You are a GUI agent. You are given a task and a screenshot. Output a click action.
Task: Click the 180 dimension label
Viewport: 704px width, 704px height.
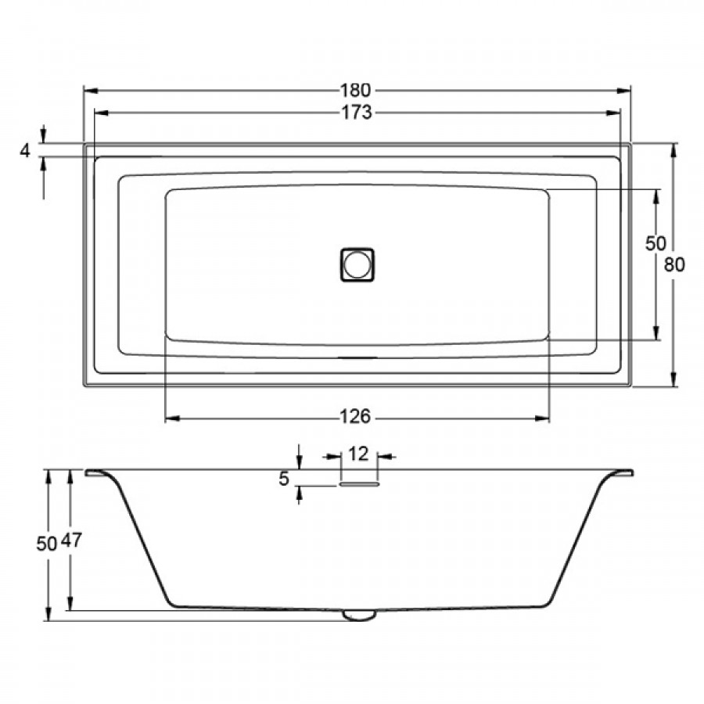coord(356,91)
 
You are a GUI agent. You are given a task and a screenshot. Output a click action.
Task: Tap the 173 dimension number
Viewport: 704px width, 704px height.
coord(357,112)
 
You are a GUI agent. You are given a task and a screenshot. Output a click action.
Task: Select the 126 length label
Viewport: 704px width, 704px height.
coord(355,417)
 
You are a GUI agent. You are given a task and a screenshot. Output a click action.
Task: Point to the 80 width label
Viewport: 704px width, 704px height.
coord(674,265)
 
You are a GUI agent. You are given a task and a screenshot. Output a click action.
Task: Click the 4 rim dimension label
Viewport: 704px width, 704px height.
coord(25,151)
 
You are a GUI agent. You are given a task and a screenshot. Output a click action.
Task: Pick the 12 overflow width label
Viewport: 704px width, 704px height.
coord(358,454)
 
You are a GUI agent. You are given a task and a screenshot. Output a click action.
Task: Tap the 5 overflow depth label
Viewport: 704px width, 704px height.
coord(284,479)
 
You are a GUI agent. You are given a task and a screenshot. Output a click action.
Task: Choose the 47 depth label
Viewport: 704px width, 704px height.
coord(71,540)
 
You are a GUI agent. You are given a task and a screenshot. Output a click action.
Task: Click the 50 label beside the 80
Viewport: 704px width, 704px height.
coord(656,243)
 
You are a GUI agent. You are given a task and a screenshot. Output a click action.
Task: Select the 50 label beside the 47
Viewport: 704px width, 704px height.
coord(47,544)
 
